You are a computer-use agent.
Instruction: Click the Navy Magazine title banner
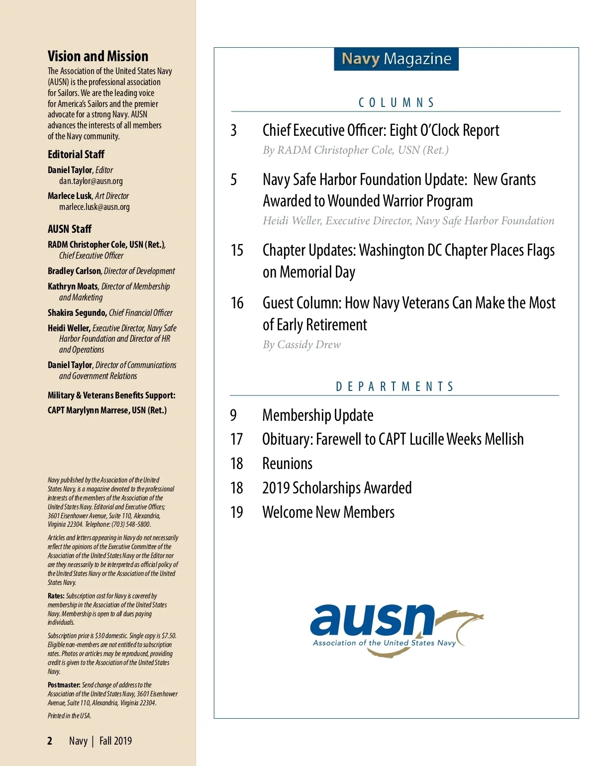click(396, 59)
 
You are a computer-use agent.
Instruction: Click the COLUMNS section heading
click(396, 102)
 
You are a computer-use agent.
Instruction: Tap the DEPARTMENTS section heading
click(395, 386)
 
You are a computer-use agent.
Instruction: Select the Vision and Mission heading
click(98, 56)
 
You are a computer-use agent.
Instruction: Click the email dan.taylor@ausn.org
click(91, 181)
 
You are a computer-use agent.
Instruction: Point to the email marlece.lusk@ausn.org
click(95, 207)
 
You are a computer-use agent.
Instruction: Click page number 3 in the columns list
click(233, 130)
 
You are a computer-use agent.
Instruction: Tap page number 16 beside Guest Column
click(237, 303)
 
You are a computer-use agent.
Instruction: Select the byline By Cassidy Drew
click(302, 345)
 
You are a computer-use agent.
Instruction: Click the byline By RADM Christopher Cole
click(356, 150)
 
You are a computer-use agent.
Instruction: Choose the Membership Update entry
click(317, 415)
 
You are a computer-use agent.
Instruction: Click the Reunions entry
click(287, 464)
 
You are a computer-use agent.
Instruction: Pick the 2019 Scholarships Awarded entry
click(337, 488)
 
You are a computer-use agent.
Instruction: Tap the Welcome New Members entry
click(328, 512)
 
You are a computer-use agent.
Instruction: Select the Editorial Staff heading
click(76, 155)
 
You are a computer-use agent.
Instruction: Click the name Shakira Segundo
click(77, 313)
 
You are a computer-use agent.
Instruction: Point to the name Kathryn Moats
click(73, 287)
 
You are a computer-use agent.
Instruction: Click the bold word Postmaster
click(64, 685)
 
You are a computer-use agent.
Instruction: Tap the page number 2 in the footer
click(50, 741)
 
